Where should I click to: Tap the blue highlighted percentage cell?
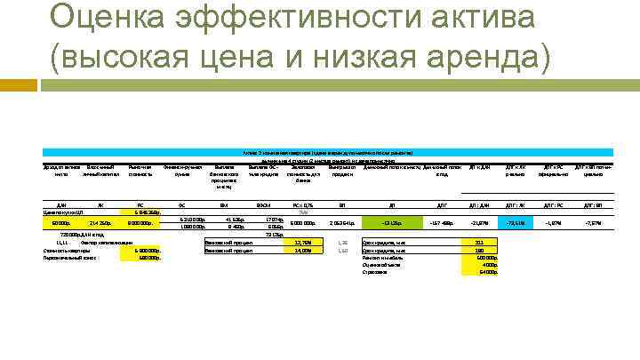(x=512, y=222)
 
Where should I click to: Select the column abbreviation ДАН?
(x=62, y=205)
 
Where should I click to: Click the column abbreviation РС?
(x=140, y=205)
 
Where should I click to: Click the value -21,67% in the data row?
(x=480, y=222)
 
